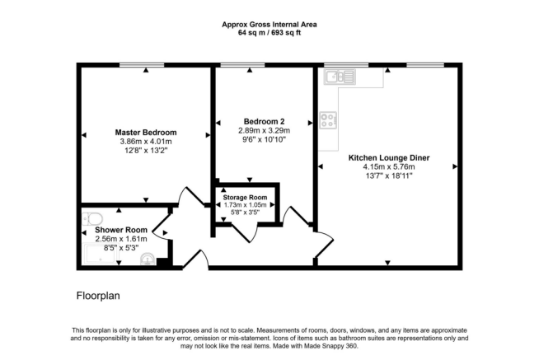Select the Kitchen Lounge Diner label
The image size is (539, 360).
[x=388, y=157]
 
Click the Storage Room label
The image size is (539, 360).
[x=246, y=197]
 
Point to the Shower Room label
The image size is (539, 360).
[x=120, y=230]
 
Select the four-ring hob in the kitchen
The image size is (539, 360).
[x=328, y=120]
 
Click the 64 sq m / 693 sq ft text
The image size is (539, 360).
[x=270, y=32]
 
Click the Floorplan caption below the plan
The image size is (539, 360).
[x=100, y=293]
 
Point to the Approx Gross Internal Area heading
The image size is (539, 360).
[x=270, y=23]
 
